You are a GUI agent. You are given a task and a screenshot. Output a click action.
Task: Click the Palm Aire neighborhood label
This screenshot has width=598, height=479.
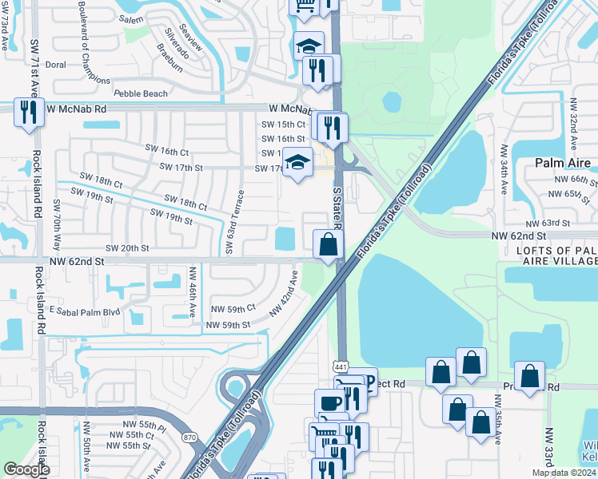(563, 163)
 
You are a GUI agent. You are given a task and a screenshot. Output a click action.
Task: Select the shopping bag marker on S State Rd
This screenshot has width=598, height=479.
(328, 244)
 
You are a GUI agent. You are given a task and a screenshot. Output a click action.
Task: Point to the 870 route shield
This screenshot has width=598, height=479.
(189, 437)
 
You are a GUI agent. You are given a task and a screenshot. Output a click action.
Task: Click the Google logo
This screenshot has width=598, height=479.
(26, 469)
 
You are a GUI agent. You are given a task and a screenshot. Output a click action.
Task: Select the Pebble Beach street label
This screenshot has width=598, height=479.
(141, 93)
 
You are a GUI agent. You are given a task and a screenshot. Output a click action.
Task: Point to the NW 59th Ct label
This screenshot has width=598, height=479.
(233, 307)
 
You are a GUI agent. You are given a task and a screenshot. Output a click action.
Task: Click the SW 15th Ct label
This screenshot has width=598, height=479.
(283, 125)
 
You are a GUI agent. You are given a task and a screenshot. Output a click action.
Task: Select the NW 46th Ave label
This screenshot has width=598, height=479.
(193, 293)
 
